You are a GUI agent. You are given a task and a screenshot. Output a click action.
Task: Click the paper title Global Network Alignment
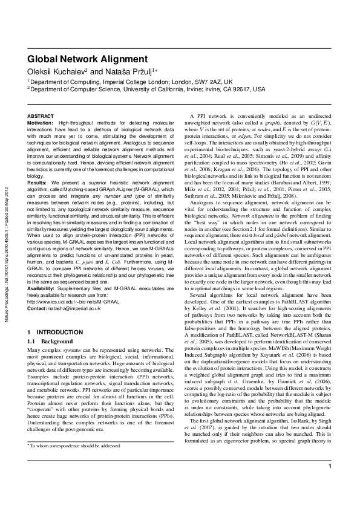[88, 59]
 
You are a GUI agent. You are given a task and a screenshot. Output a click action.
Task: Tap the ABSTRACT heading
[41, 115]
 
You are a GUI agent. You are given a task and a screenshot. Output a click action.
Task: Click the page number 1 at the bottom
[330, 482]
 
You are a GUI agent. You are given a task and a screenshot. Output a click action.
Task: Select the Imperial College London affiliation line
[121, 81]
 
